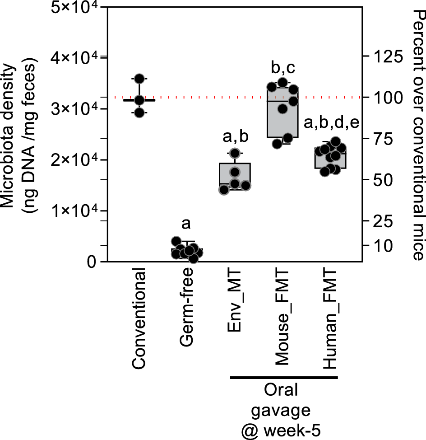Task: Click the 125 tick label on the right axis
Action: pyautogui.click(x=384, y=57)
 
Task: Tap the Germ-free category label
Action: pyautogui.click(x=187, y=307)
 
